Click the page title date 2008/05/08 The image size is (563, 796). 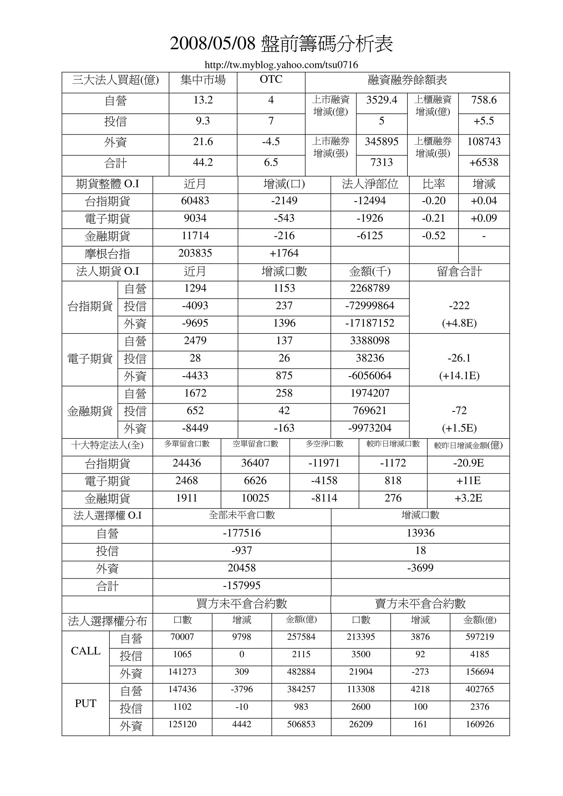[x=212, y=44]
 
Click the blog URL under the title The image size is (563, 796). [x=281, y=65]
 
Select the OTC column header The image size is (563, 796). [x=271, y=79]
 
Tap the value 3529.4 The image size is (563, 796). [x=382, y=100]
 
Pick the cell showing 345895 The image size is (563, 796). [x=382, y=142]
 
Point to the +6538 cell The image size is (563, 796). [x=484, y=162]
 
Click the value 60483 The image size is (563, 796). [x=195, y=201]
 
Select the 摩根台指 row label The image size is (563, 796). [x=107, y=254]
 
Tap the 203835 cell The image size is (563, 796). [x=195, y=253]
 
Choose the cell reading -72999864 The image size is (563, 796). [x=370, y=306]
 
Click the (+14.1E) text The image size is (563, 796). [x=459, y=376]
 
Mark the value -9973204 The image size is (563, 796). [x=370, y=428]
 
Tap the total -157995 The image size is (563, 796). [x=242, y=585]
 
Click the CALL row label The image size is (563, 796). [x=86, y=651]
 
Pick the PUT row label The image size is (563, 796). [x=86, y=703]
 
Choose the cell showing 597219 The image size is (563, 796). [x=479, y=637]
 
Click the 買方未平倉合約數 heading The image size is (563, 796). [x=242, y=604]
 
